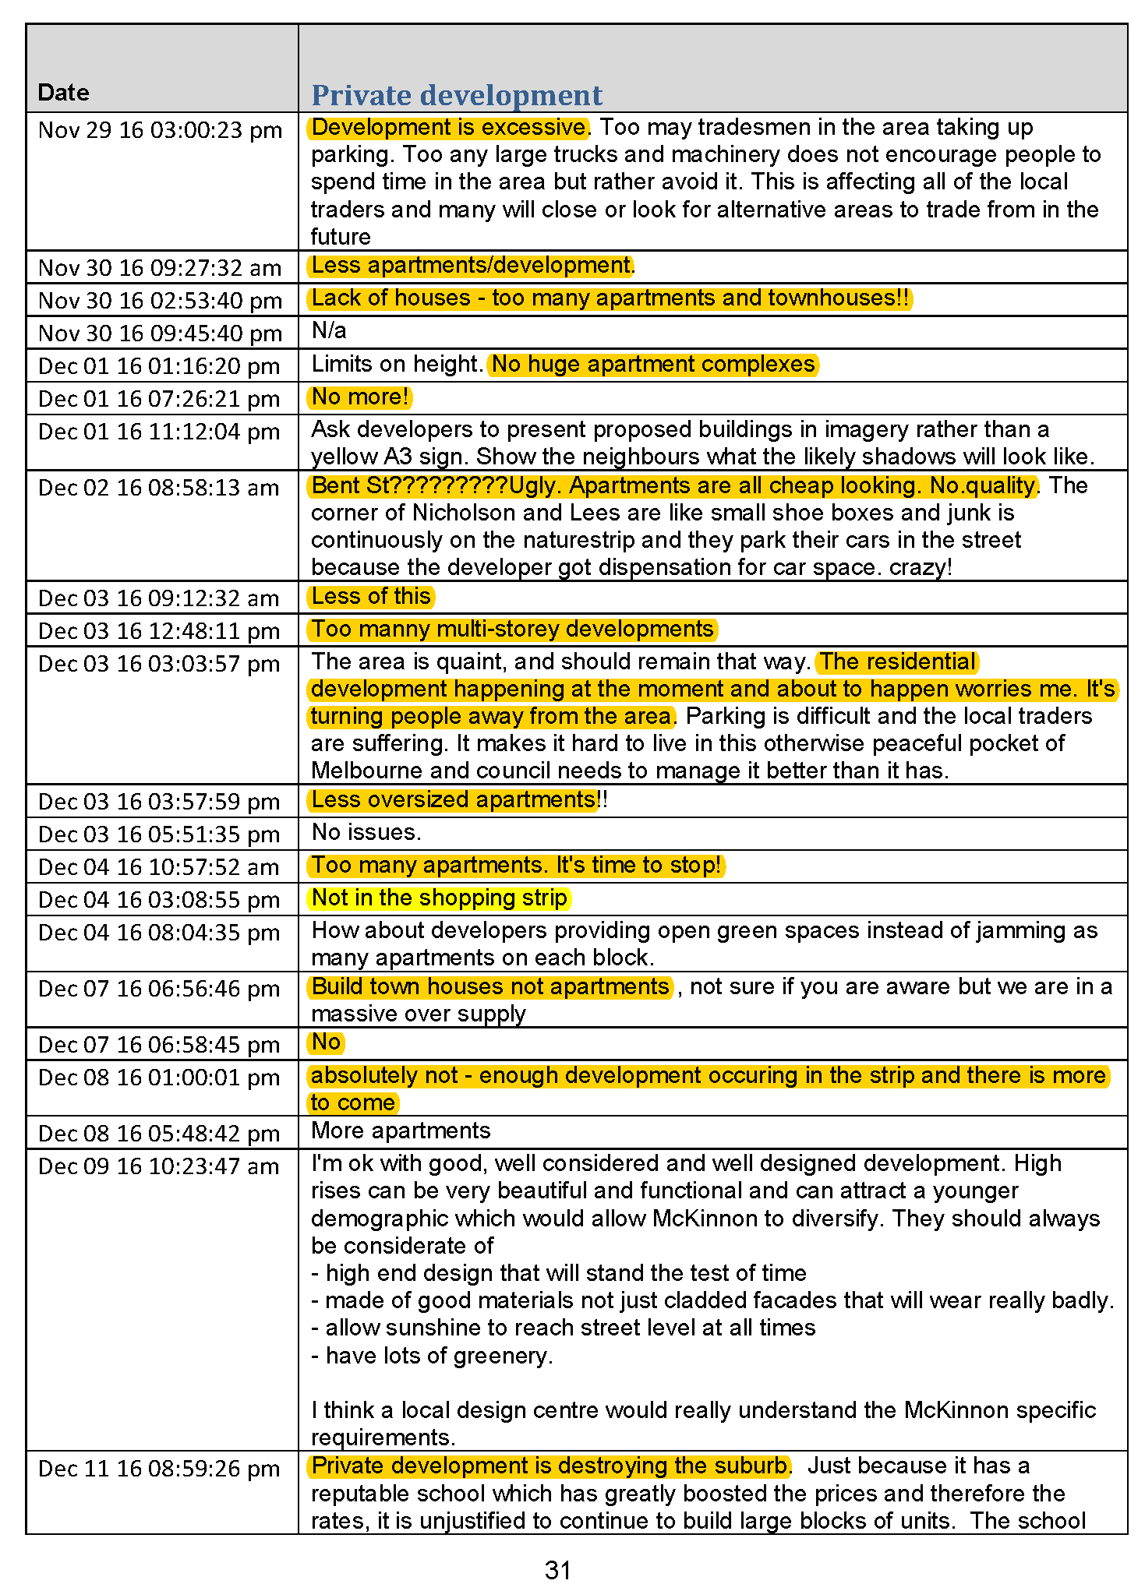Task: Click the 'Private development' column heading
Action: (x=457, y=95)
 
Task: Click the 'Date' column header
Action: (x=63, y=93)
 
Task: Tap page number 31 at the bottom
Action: (x=558, y=1570)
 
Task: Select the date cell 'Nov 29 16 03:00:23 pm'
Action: (x=160, y=129)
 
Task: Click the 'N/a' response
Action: (x=329, y=330)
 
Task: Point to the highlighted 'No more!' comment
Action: (x=359, y=397)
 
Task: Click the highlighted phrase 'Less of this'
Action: (x=371, y=596)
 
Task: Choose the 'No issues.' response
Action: (x=366, y=832)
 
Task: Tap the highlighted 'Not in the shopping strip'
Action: (x=440, y=898)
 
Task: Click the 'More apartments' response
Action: (x=401, y=1131)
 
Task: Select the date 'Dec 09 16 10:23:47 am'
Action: (x=158, y=1166)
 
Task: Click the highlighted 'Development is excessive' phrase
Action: (x=449, y=127)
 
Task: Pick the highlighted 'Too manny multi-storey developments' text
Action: (x=512, y=629)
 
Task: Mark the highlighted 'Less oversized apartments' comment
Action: (x=454, y=799)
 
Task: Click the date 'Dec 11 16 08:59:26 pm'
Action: (x=158, y=1469)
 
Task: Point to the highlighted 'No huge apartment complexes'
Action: (x=653, y=364)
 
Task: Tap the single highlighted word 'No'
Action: (x=326, y=1042)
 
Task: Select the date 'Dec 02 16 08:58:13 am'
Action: (x=158, y=488)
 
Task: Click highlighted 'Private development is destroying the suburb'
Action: (x=550, y=1466)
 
